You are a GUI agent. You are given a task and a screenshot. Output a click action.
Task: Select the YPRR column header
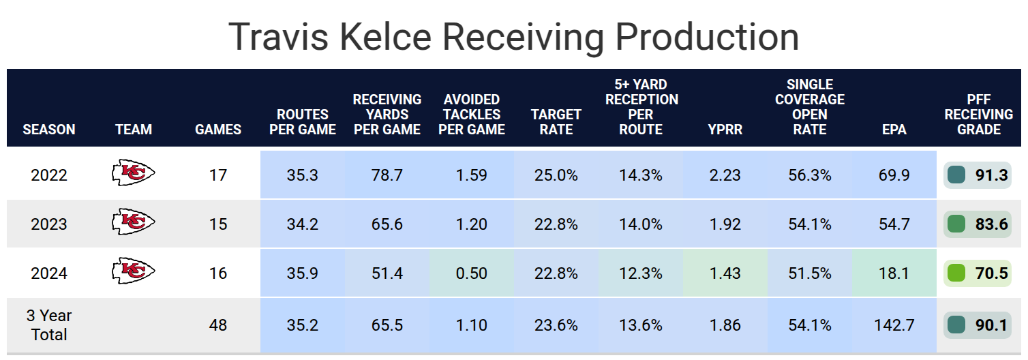pyautogui.click(x=725, y=129)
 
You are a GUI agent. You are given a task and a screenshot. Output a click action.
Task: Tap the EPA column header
pyautogui.click(x=894, y=129)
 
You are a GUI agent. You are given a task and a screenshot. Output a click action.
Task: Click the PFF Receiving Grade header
pyautogui.click(x=978, y=114)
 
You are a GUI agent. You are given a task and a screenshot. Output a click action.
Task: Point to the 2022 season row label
pyautogui.click(x=49, y=175)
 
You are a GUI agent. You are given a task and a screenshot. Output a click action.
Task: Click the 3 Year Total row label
pyautogui.click(x=49, y=325)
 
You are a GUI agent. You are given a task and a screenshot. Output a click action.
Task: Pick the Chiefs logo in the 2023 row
pyautogui.click(x=134, y=223)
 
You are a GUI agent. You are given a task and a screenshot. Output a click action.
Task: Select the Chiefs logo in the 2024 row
pyautogui.click(x=134, y=272)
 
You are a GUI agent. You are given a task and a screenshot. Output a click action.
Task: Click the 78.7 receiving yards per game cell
pyautogui.click(x=387, y=175)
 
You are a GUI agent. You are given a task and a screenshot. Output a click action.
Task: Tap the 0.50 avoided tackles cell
pyautogui.click(x=472, y=273)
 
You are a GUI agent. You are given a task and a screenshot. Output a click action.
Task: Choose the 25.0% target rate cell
pyautogui.click(x=556, y=175)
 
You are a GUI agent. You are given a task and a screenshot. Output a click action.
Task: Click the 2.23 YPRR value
pyautogui.click(x=725, y=175)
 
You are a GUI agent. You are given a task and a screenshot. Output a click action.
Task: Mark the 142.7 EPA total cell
pyautogui.click(x=894, y=325)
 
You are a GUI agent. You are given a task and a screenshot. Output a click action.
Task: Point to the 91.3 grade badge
pyautogui.click(x=978, y=175)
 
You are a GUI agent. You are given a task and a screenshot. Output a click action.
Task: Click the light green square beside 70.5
pyautogui.click(x=956, y=273)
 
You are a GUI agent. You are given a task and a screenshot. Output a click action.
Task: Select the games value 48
pyautogui.click(x=218, y=325)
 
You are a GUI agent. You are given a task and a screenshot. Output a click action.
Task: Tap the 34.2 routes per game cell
pyautogui.click(x=302, y=224)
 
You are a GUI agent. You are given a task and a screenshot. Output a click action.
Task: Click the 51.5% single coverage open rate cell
pyautogui.click(x=809, y=273)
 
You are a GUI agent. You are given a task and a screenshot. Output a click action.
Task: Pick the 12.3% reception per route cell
pyautogui.click(x=640, y=273)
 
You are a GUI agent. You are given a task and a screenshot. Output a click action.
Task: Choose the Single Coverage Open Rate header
pyautogui.click(x=809, y=106)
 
